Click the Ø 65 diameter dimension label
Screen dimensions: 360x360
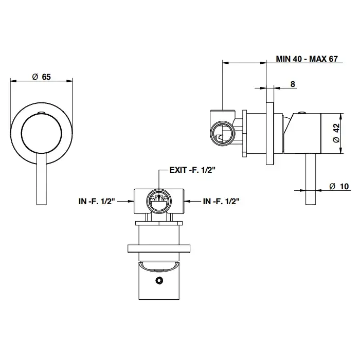tap(42, 77)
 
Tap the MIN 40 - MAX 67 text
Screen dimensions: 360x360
tap(307, 59)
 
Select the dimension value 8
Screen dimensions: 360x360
tap(293, 84)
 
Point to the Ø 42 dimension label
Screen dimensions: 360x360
tap(336, 133)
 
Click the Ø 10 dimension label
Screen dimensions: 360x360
tap(339, 186)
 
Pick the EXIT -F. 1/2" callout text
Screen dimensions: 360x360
tap(192, 170)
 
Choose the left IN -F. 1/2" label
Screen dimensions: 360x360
tap(97, 202)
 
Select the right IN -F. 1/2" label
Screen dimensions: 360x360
tap(221, 202)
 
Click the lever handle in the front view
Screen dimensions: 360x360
tap(42, 178)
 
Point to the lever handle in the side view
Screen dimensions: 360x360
tap(311, 179)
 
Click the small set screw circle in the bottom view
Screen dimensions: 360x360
tap(159, 280)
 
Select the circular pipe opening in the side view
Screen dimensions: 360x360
tap(222, 133)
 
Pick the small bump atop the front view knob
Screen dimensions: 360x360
tap(42, 113)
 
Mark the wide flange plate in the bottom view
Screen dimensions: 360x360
tap(159, 248)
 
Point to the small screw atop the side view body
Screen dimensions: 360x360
tap(302, 112)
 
